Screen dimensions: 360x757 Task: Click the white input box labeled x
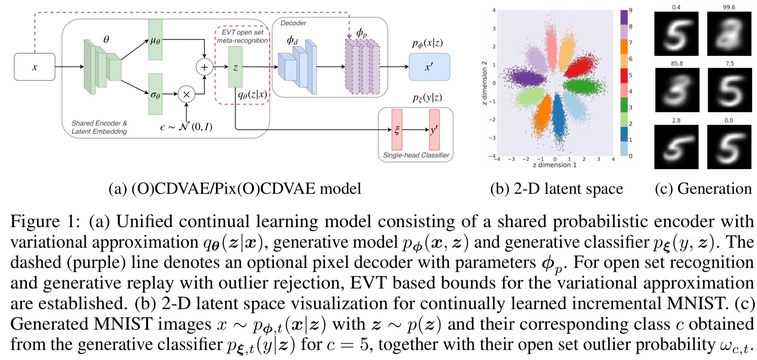coord(34,67)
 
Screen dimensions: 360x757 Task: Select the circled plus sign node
coord(204,67)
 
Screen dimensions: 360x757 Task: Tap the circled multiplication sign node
coord(186,94)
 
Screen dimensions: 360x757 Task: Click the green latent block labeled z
coord(235,67)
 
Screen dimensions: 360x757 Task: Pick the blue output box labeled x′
coord(429,67)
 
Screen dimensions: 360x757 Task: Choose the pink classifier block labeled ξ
coord(397,130)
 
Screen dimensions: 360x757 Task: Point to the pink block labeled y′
coord(434,130)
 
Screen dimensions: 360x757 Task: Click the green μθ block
coord(155,40)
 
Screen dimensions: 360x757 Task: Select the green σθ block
coord(155,94)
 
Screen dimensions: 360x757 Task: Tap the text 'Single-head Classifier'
coord(416,155)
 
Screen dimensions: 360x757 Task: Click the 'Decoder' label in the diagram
coord(293,23)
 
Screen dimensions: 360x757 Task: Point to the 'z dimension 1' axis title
coord(555,165)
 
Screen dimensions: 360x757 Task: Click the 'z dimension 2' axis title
coord(484,83)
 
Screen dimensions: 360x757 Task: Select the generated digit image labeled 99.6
coord(729,34)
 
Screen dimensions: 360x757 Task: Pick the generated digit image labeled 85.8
coord(677,90)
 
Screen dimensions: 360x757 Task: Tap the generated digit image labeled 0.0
coord(729,147)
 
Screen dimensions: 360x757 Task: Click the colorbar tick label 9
coord(630,10)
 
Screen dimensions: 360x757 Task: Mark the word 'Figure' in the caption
coord(35,221)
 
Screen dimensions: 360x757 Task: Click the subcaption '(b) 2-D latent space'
coord(556,189)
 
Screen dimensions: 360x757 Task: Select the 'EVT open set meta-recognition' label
coord(242,36)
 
